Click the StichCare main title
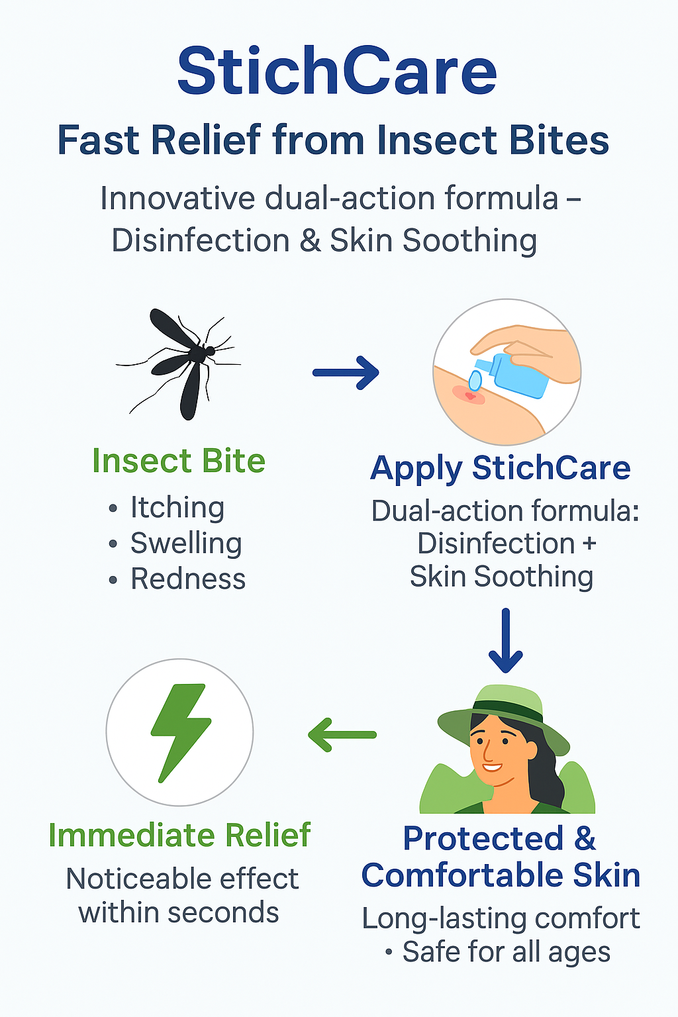click(x=337, y=72)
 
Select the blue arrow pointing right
click(x=346, y=372)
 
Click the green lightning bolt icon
click(x=179, y=732)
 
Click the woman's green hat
click(x=503, y=712)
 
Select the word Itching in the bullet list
click(x=177, y=508)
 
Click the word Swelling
click(x=186, y=544)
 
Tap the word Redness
click(x=188, y=579)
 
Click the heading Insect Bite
click(x=179, y=461)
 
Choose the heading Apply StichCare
click(x=501, y=468)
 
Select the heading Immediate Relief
click(x=179, y=836)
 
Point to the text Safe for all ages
click(x=506, y=952)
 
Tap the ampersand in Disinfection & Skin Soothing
click(x=310, y=240)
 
